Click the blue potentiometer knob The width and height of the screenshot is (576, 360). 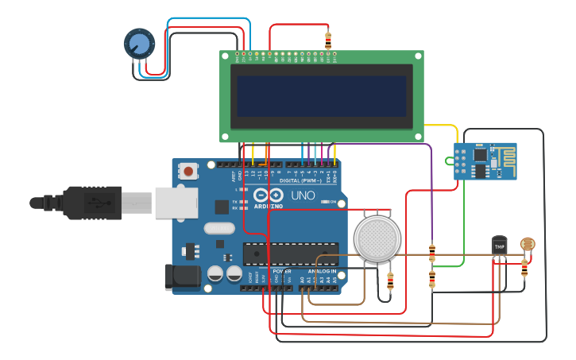click(x=139, y=43)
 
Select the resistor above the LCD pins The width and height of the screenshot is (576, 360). click(x=328, y=40)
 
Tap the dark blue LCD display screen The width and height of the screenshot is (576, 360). click(x=321, y=96)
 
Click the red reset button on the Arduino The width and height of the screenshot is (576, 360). click(x=188, y=171)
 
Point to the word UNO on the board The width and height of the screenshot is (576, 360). click(x=302, y=195)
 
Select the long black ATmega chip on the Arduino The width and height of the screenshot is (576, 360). click(x=290, y=254)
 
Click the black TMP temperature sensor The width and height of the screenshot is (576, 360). click(x=499, y=246)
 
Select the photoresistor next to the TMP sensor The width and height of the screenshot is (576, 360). click(x=528, y=244)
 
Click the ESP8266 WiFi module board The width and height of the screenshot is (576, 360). click(x=485, y=161)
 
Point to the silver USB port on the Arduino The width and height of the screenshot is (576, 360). click(x=176, y=203)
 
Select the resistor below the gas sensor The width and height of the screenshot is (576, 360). click(x=389, y=281)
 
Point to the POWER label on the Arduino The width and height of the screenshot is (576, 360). click(x=282, y=271)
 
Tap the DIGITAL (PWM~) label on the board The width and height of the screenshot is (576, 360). click(x=300, y=180)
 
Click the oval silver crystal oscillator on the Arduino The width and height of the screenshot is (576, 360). click(x=219, y=229)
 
